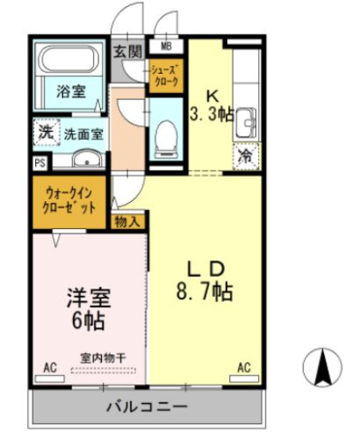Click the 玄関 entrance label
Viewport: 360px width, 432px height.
click(x=127, y=51)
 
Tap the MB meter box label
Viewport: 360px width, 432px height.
click(x=166, y=46)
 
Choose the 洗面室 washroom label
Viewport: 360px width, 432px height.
click(x=82, y=133)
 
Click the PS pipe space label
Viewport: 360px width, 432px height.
click(x=39, y=162)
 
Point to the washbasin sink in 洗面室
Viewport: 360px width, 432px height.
click(x=87, y=161)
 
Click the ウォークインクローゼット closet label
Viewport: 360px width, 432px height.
click(x=69, y=197)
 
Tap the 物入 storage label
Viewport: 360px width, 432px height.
click(x=127, y=220)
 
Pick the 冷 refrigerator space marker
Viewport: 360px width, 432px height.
click(x=245, y=156)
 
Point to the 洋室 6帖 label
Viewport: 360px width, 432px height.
click(x=88, y=308)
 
